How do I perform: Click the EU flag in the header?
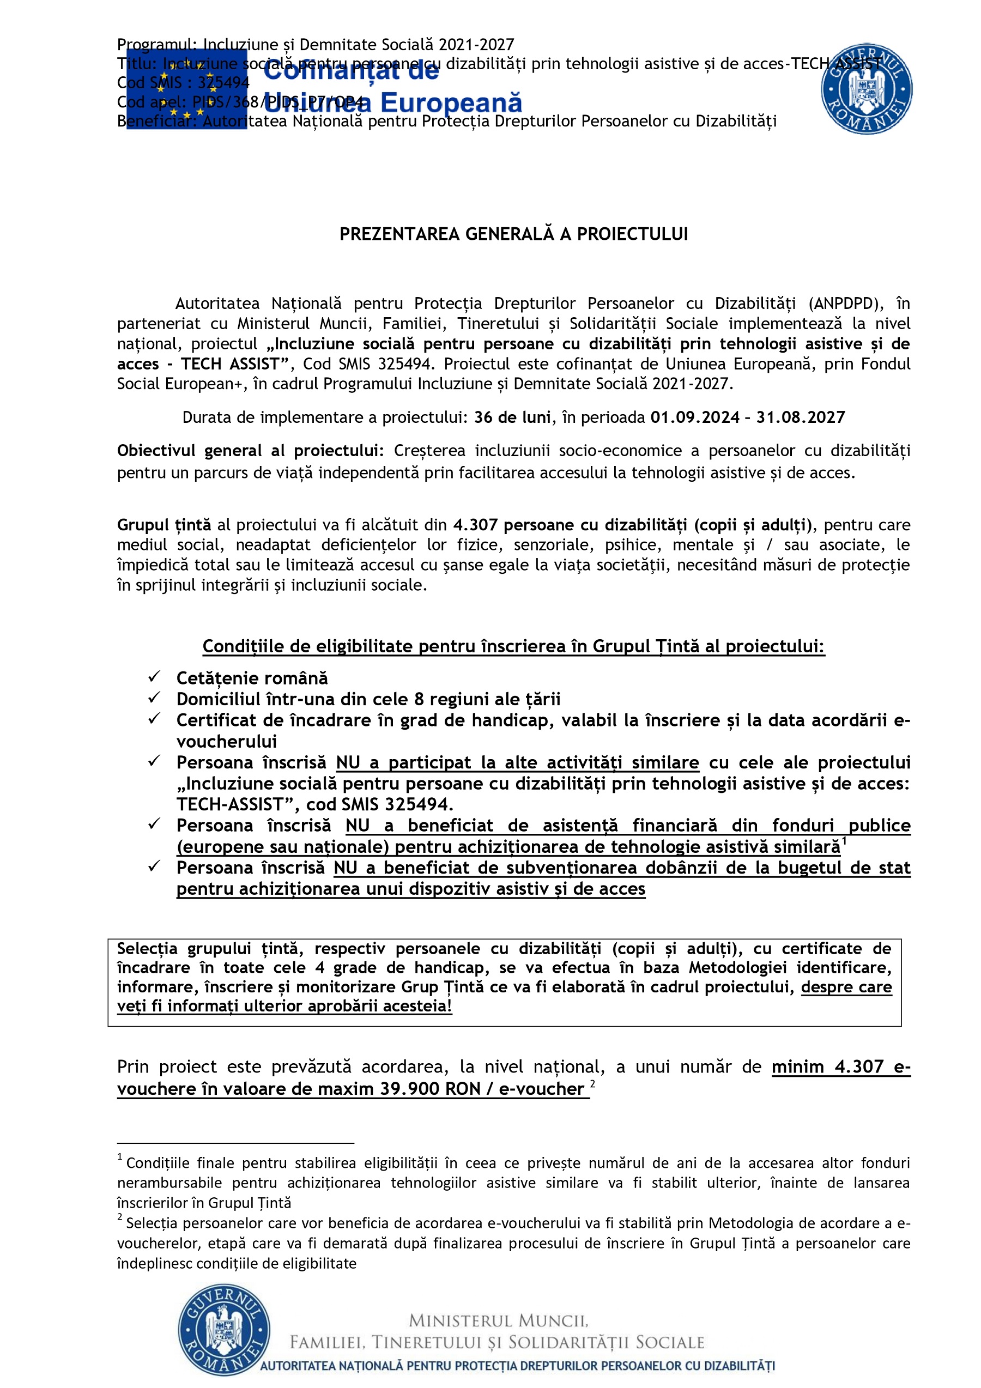pyautogui.click(x=186, y=89)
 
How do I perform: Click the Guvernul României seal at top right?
pyautogui.click(x=866, y=89)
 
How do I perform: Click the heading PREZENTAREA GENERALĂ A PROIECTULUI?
pyautogui.click(x=513, y=234)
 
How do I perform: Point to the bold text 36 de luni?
pyautogui.click(x=512, y=417)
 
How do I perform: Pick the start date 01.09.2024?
pyautogui.click(x=694, y=417)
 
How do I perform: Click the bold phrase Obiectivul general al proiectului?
pyautogui.click(x=250, y=451)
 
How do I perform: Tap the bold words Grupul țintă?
pyautogui.click(x=164, y=525)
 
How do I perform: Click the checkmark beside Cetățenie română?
pyautogui.click(x=154, y=676)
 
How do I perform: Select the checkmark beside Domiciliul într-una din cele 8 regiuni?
pyautogui.click(x=154, y=697)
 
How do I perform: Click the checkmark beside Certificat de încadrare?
pyautogui.click(x=154, y=718)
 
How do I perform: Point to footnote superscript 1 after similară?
pyautogui.click(x=844, y=840)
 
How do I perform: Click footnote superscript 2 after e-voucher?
pyautogui.click(x=593, y=1084)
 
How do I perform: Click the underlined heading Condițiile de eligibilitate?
pyautogui.click(x=513, y=646)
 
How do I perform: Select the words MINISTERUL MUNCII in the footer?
pyautogui.click(x=498, y=1321)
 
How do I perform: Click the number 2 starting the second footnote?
pyautogui.click(x=120, y=1217)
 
